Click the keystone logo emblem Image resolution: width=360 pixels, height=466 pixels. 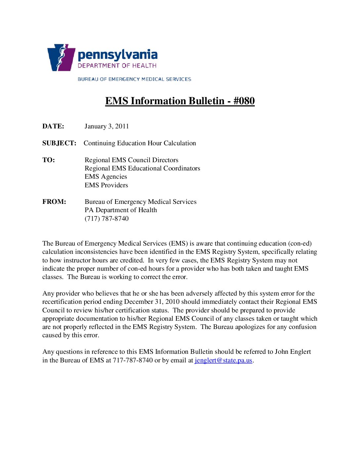click(61, 58)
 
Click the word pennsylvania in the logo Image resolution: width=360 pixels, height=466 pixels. click(117, 55)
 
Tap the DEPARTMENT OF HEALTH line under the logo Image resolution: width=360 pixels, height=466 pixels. click(117, 66)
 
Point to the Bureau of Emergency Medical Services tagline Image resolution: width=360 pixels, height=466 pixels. click(134, 79)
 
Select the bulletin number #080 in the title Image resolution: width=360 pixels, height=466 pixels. click(244, 101)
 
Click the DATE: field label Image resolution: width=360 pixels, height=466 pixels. click(53, 126)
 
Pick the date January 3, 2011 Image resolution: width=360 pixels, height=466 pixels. click(107, 126)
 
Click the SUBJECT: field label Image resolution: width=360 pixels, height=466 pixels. click(59, 143)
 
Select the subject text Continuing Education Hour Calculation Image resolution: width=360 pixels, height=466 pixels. click(140, 143)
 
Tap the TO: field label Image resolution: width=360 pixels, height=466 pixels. click(49, 160)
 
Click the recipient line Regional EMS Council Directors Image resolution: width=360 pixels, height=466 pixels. click(131, 160)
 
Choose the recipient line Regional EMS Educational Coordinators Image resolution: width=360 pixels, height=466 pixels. click(142, 168)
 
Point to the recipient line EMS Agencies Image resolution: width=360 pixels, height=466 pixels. click(106, 176)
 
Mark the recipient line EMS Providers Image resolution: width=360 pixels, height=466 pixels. click(106, 185)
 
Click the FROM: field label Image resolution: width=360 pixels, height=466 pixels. click(54, 202)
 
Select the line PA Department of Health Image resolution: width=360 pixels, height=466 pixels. click(121, 210)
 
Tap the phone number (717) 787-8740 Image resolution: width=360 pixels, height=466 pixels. click(107, 218)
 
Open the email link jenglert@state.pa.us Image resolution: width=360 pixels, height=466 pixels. click(223, 360)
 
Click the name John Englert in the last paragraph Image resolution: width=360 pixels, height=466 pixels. click(293, 351)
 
